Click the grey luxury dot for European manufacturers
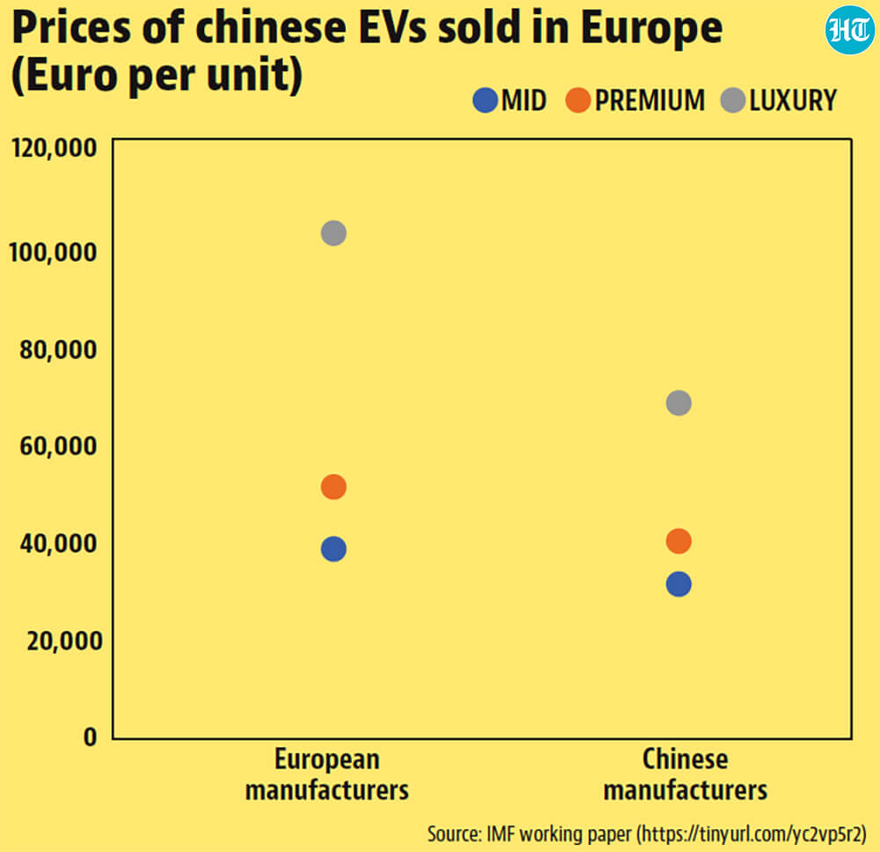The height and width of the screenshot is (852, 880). point(334,233)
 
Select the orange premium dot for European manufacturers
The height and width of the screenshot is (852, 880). point(334,487)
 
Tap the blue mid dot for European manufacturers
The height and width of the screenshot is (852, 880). point(334,549)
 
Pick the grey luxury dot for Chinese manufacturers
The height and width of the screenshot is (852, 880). point(678,403)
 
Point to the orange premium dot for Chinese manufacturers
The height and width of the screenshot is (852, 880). point(678,541)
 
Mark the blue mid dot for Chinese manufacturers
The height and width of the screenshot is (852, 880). point(678,584)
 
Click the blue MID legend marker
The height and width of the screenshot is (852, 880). point(486,100)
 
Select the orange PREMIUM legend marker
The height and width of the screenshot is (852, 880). point(578,100)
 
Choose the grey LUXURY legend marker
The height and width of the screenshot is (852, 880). point(733,100)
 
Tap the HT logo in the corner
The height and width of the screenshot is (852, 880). point(850,30)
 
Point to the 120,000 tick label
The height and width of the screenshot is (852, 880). point(54,148)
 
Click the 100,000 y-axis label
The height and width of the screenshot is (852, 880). point(53,253)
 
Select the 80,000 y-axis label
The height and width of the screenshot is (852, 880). point(58,349)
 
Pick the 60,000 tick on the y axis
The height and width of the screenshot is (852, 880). point(58,446)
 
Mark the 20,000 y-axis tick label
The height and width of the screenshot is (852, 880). point(64,641)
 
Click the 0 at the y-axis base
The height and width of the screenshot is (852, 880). point(91,737)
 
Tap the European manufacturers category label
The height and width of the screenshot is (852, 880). point(327,775)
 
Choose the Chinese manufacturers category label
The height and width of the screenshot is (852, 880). point(686,775)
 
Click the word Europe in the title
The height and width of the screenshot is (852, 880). point(651,29)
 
